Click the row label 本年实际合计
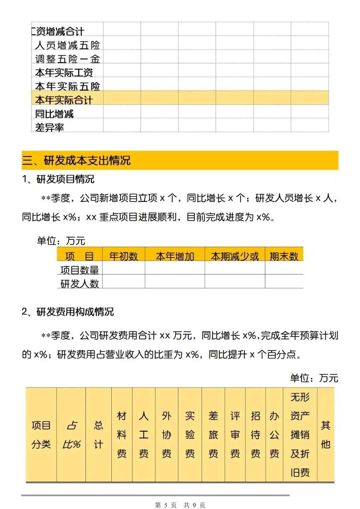[x=64, y=100]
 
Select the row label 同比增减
[x=54, y=114]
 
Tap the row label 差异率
[x=49, y=127]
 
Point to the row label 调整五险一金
[x=67, y=59]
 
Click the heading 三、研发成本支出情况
[x=76, y=160]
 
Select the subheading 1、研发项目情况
[x=58, y=179]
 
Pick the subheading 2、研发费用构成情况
[x=68, y=312]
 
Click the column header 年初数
[x=123, y=256]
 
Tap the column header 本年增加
[x=175, y=256]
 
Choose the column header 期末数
[x=284, y=256]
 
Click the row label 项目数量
[x=79, y=270]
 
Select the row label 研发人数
[x=79, y=284]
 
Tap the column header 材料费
[x=122, y=435]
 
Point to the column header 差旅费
[x=213, y=435]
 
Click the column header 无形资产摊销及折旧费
[x=300, y=435]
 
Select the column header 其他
[x=325, y=435]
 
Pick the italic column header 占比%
[x=71, y=435]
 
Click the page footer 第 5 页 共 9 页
[x=180, y=505]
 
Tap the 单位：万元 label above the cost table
[x=314, y=378]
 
